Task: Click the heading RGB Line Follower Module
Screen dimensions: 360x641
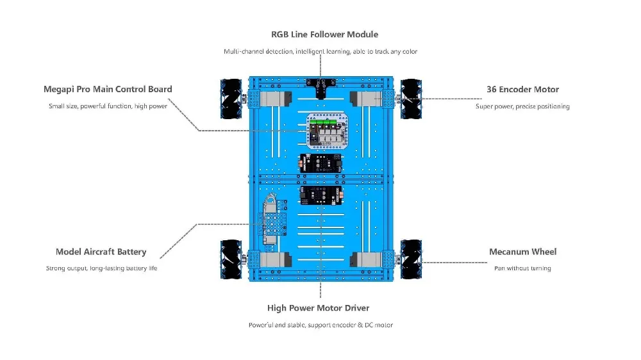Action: [324, 35]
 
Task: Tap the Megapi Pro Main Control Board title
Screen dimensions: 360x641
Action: [108, 90]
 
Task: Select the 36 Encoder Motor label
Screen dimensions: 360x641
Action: [522, 90]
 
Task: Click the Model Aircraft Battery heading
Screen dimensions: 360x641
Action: [101, 252]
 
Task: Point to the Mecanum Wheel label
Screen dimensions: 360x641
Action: [522, 252]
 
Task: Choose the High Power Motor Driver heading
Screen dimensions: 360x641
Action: [319, 309]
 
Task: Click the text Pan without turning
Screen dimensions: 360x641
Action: [522, 268]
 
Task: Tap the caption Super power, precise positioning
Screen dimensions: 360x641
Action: [522, 106]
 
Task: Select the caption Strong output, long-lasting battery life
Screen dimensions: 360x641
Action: [101, 268]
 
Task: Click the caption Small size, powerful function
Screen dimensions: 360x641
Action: [108, 106]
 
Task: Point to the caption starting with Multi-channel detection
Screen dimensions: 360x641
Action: [320, 51]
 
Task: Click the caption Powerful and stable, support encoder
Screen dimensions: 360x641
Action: [320, 325]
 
